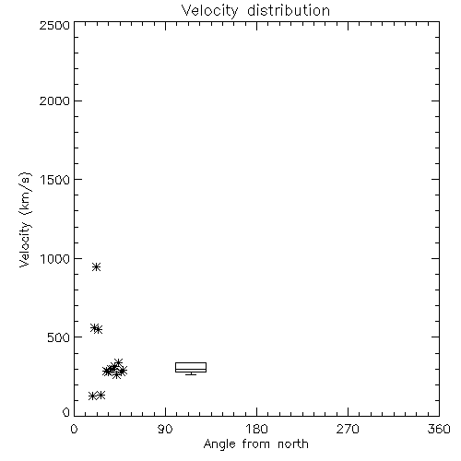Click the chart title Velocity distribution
255,10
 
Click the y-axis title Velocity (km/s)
25,219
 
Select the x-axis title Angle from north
256,444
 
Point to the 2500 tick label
54,25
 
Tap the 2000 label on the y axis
54,100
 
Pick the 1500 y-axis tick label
55,180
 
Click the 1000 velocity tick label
55,258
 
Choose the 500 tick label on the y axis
59,337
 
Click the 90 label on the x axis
165,429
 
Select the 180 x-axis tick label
256,429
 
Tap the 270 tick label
348,429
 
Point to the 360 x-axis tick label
439,429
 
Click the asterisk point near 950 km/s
97,266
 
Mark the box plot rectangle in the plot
191,367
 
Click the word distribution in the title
289,10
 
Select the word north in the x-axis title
293,444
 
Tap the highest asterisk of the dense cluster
118,362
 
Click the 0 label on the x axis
74,429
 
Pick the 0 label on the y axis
66,412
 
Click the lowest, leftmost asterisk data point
92,396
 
